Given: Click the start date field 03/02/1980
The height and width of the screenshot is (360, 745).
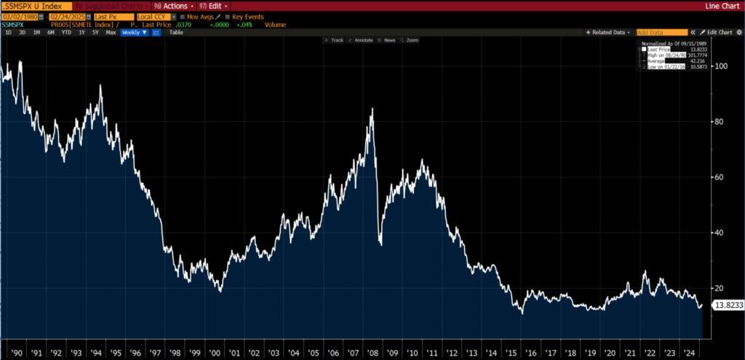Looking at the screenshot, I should click(x=19, y=16).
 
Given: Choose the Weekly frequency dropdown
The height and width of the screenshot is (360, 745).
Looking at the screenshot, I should click(x=134, y=33).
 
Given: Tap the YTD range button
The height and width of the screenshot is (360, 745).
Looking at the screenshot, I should click(x=66, y=33).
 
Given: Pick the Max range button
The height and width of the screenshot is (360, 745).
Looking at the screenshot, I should click(x=111, y=33).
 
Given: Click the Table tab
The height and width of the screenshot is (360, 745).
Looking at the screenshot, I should click(x=176, y=33).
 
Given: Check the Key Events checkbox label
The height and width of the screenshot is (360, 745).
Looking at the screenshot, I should click(x=247, y=16).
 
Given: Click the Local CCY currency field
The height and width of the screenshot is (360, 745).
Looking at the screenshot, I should click(x=154, y=16).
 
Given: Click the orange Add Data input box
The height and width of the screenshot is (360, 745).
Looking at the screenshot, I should click(x=661, y=33).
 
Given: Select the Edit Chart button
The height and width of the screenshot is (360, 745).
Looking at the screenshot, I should click(x=719, y=33).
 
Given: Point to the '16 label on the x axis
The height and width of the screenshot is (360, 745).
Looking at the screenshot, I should click(x=531, y=353).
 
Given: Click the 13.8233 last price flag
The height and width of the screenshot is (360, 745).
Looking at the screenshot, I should click(x=728, y=305).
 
